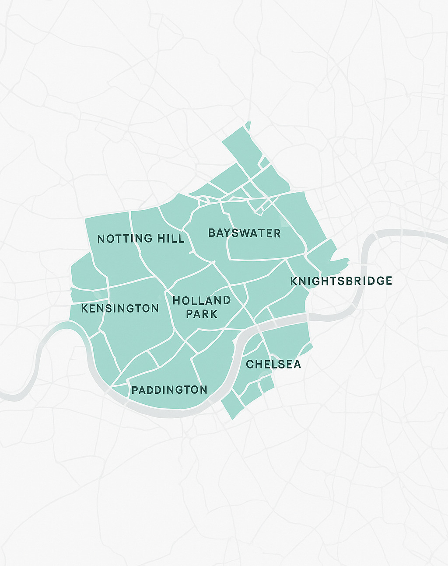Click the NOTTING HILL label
pos(140,239)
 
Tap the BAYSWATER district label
pos(244,233)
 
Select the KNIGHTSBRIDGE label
pos(341,281)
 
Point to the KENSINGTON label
pos(120,309)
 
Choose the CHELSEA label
pos(273,365)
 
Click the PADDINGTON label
pos(169,390)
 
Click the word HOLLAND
pos(202,301)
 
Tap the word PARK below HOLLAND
pos(202,314)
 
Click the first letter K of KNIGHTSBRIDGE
pos(294,281)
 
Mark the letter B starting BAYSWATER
pos(212,233)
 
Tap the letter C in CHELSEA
pos(250,365)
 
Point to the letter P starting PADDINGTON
pos(135,390)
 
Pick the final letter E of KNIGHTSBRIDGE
pos(388,281)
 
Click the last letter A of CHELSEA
pos(297,365)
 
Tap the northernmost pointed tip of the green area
pos(248,122)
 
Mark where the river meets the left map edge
pos(1,396)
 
